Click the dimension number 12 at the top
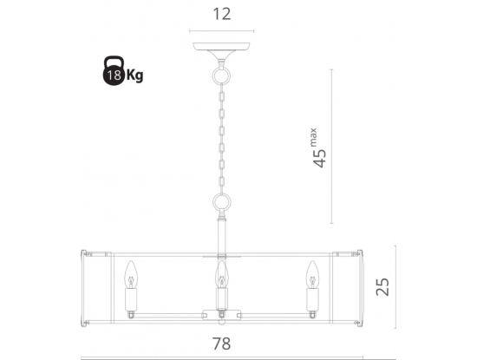(x=222, y=14)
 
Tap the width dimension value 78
(x=221, y=344)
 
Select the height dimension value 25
(x=382, y=286)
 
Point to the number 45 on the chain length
(x=319, y=158)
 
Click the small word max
(x=313, y=137)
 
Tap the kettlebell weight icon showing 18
(x=114, y=70)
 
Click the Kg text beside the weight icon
(x=134, y=75)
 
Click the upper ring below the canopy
(x=222, y=69)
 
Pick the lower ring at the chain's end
(x=222, y=195)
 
